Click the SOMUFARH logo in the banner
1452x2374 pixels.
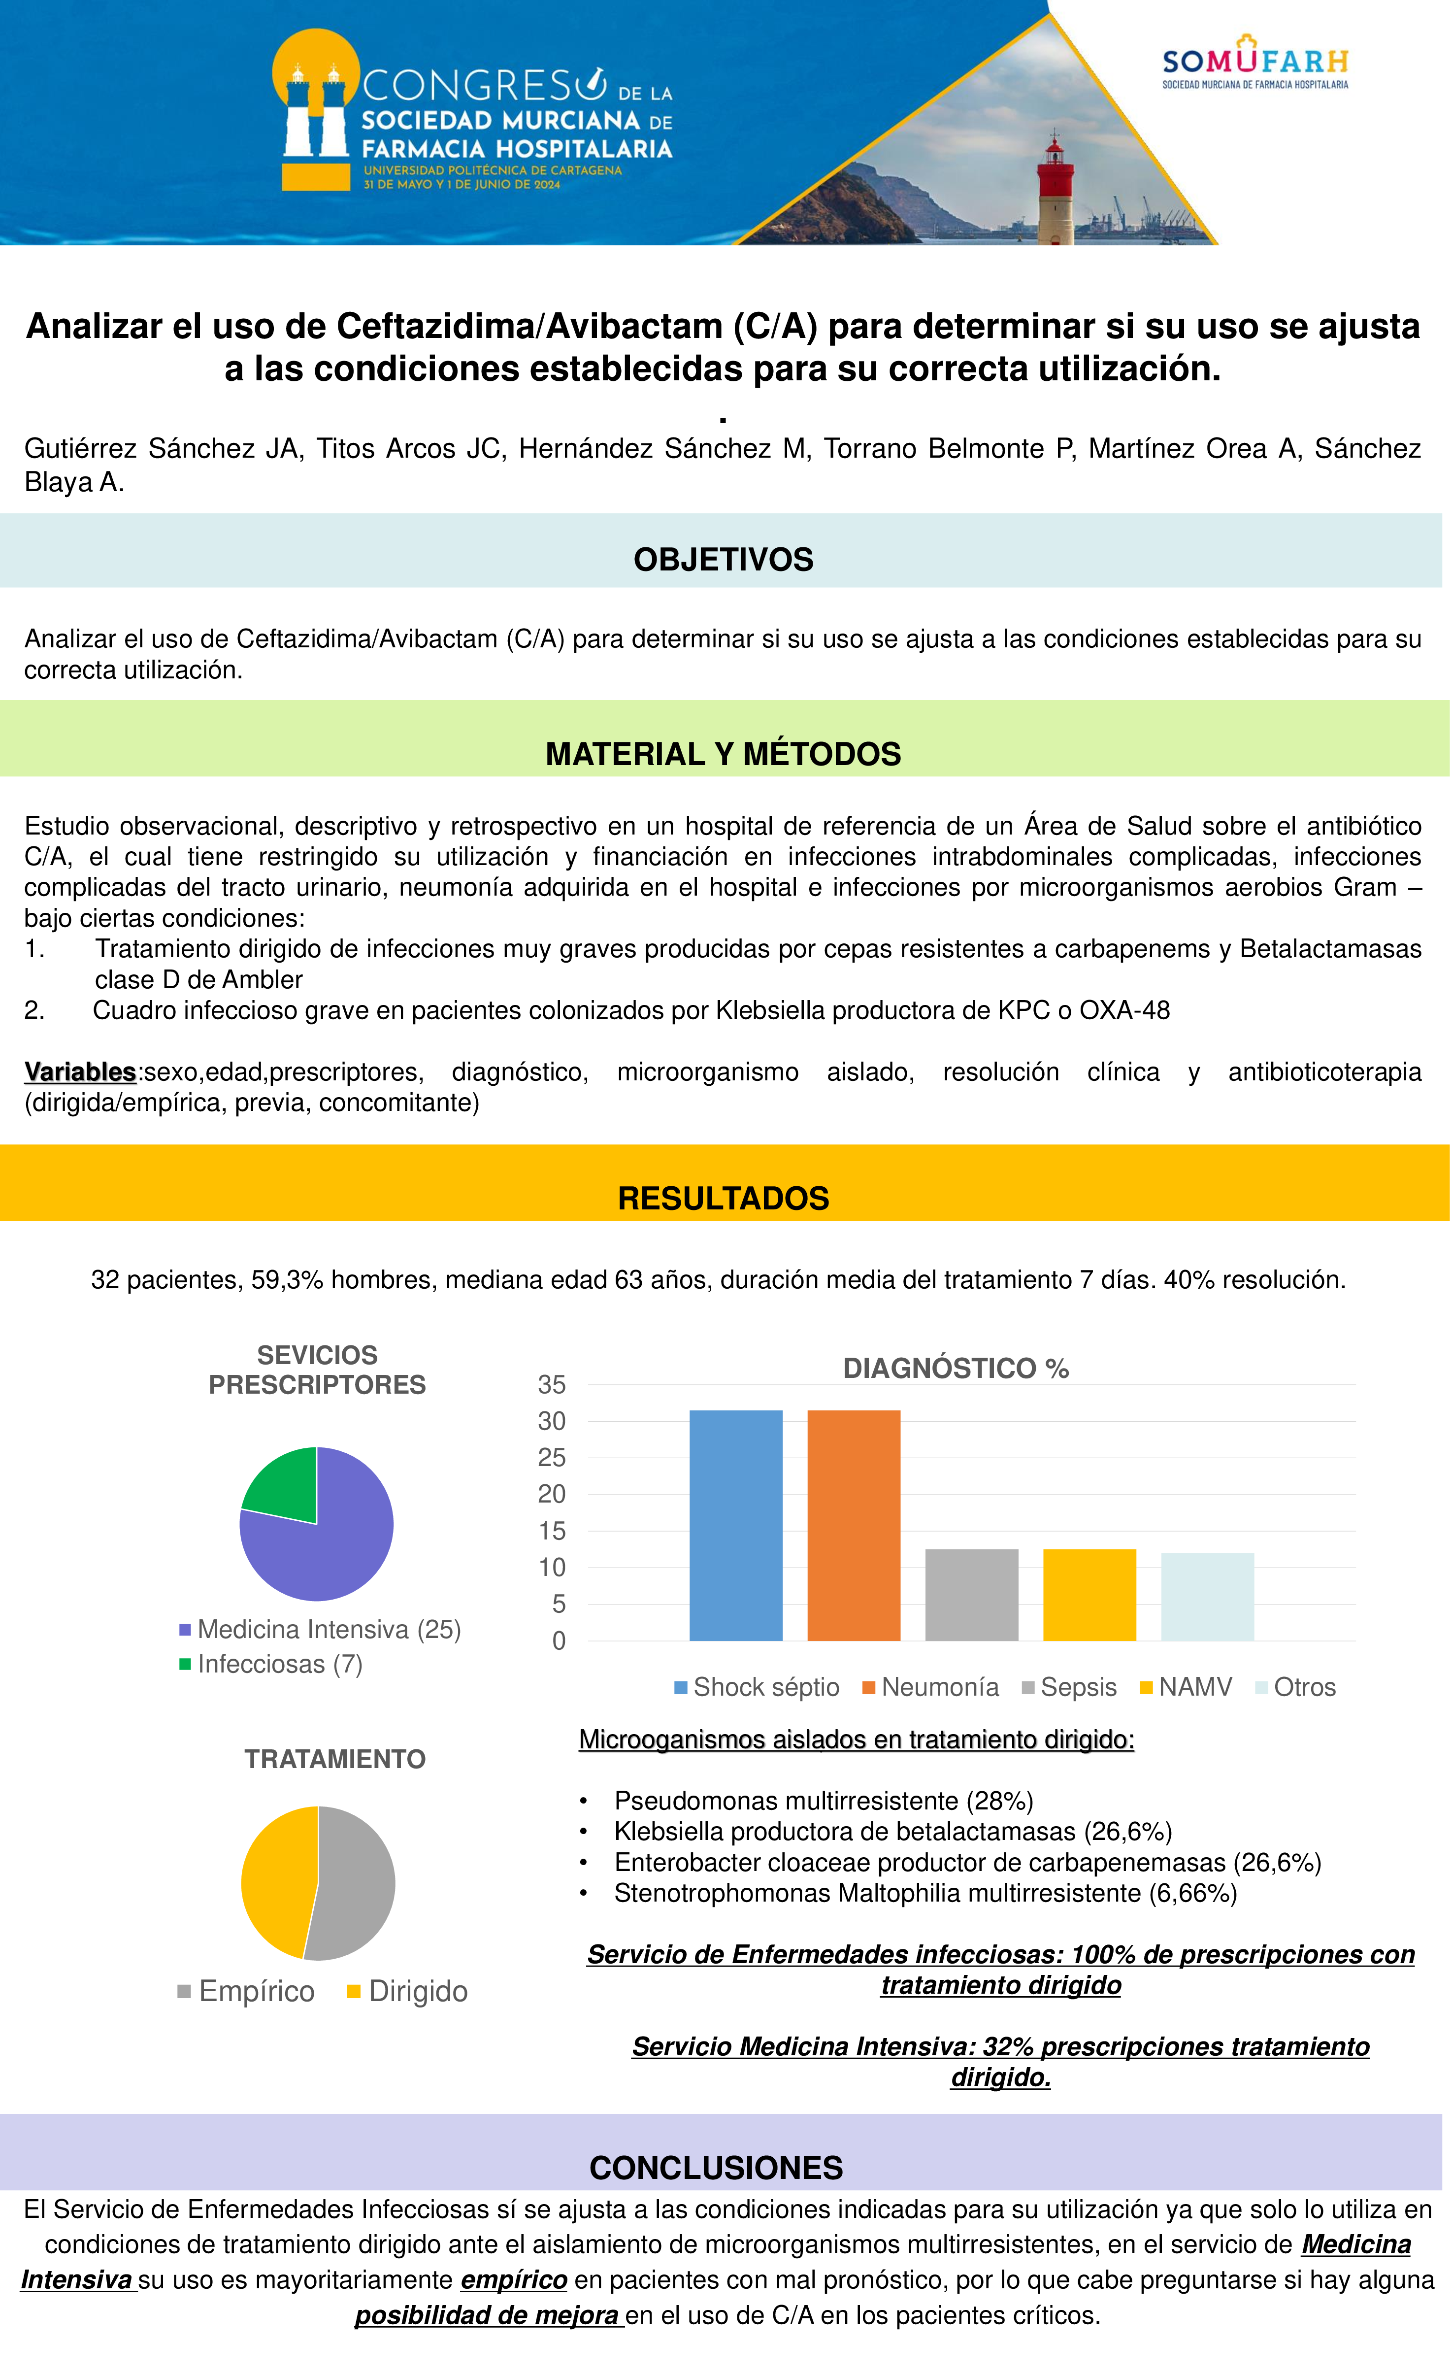pos(1254,64)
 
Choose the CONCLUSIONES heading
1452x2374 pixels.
pos(716,2167)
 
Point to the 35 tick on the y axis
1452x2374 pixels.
pos(552,1384)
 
